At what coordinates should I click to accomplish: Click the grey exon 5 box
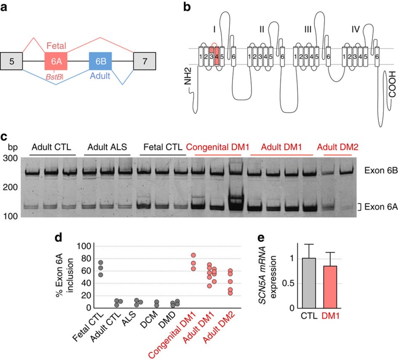[x=12, y=61]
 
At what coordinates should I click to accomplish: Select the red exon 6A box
[x=56, y=61]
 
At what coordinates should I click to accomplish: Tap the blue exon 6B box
[x=101, y=61]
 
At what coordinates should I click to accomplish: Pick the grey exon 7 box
[x=144, y=61]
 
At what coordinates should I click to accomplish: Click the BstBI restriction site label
[x=55, y=77]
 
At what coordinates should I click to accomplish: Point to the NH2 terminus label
[x=187, y=76]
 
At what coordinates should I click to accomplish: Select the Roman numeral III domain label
[x=308, y=30]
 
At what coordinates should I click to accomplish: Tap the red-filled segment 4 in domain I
[x=217, y=57]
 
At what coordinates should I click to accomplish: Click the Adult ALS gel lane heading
[x=107, y=147]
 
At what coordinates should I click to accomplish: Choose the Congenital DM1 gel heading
[x=218, y=147]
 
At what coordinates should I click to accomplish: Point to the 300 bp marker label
[x=10, y=158]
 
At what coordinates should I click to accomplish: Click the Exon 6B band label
[x=381, y=170]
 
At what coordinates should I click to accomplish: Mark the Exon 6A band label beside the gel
[x=381, y=207]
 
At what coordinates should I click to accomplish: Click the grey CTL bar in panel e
[x=309, y=283]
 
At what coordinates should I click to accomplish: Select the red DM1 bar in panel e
[x=330, y=287]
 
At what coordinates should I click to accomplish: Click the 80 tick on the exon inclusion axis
[x=86, y=259]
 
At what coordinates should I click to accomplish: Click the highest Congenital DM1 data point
[x=193, y=255]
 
